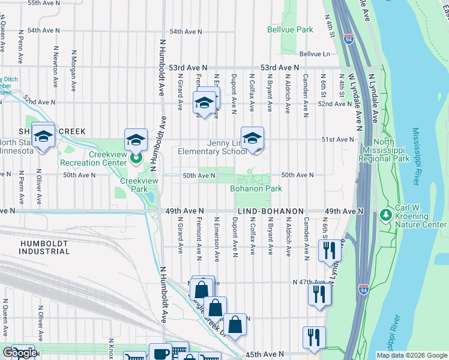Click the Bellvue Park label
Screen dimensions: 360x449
pyautogui.click(x=290, y=29)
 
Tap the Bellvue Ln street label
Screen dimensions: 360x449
pyautogui.click(x=315, y=53)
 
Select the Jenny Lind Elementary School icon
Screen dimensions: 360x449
pyautogui.click(x=252, y=137)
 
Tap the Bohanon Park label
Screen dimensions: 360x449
pyautogui.click(x=256, y=188)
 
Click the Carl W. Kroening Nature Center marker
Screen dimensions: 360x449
pyautogui.click(x=385, y=214)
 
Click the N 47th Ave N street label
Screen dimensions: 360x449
pyautogui.click(x=309, y=282)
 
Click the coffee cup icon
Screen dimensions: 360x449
pyautogui.click(x=160, y=353)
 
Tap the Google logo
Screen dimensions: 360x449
pyautogui.click(x=19, y=353)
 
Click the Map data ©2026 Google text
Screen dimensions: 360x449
pyautogui.click(x=411, y=355)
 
